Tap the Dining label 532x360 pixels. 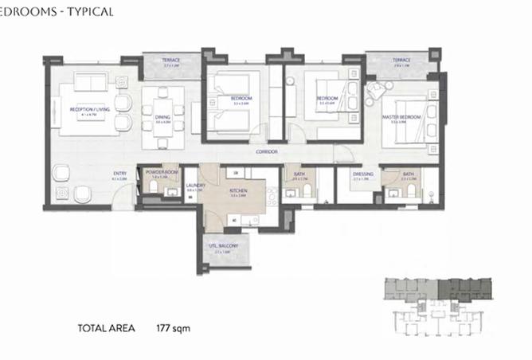click(162, 117)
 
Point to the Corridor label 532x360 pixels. click(267, 151)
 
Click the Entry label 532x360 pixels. click(119, 174)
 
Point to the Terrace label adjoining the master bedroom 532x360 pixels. click(400, 61)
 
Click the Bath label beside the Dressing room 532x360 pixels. click(409, 174)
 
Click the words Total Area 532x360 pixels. click(106, 327)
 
